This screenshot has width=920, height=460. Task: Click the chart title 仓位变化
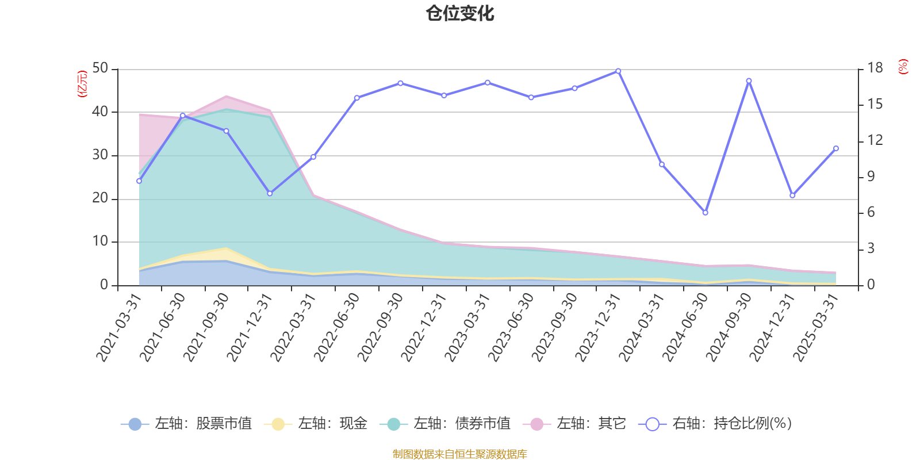(460, 13)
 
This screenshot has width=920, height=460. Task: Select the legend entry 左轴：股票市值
(186, 424)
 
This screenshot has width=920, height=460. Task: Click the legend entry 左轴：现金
(316, 424)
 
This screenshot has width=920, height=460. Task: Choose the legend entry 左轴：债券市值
(445, 424)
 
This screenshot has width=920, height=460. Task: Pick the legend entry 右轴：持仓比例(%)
(715, 424)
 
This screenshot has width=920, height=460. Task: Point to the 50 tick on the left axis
(100, 68)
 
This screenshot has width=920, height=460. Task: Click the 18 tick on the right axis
(875, 68)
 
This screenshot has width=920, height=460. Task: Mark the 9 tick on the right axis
(871, 177)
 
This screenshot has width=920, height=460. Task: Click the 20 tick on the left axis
(100, 198)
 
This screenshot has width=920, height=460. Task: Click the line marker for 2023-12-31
(618, 71)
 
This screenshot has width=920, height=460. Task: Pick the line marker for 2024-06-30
(706, 213)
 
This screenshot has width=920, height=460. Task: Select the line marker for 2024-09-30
(749, 80)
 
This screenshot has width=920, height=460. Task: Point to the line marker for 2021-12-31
(270, 193)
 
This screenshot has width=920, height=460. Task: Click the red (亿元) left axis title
(82, 84)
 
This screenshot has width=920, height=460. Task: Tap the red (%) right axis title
(903, 67)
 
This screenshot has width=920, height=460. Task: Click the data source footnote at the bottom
(460, 454)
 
